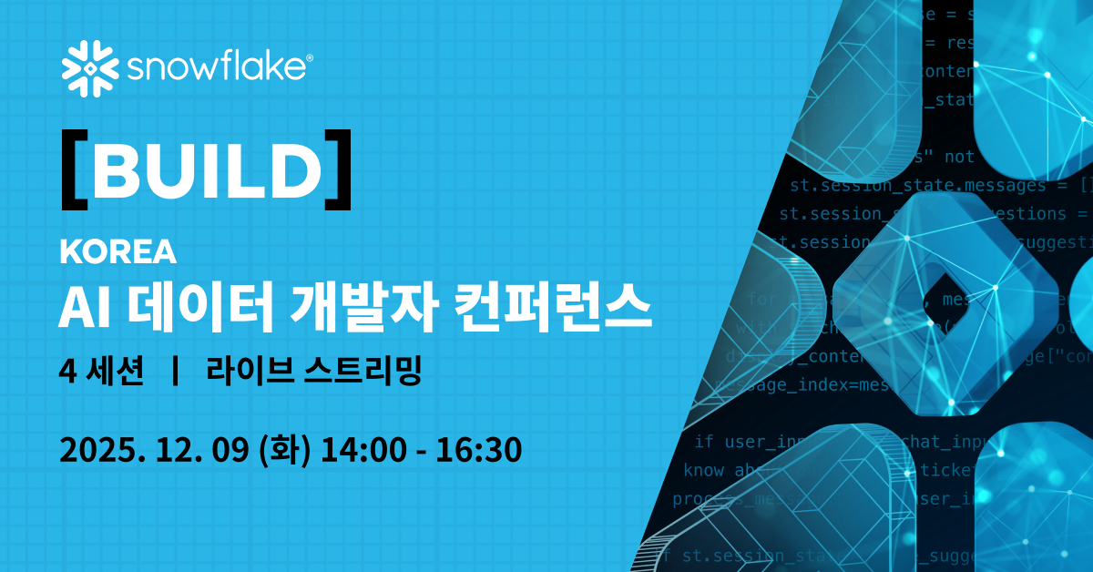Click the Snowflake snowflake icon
coord(88,68)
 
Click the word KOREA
coord(117,252)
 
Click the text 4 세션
coord(100,371)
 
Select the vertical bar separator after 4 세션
coord(174,371)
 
